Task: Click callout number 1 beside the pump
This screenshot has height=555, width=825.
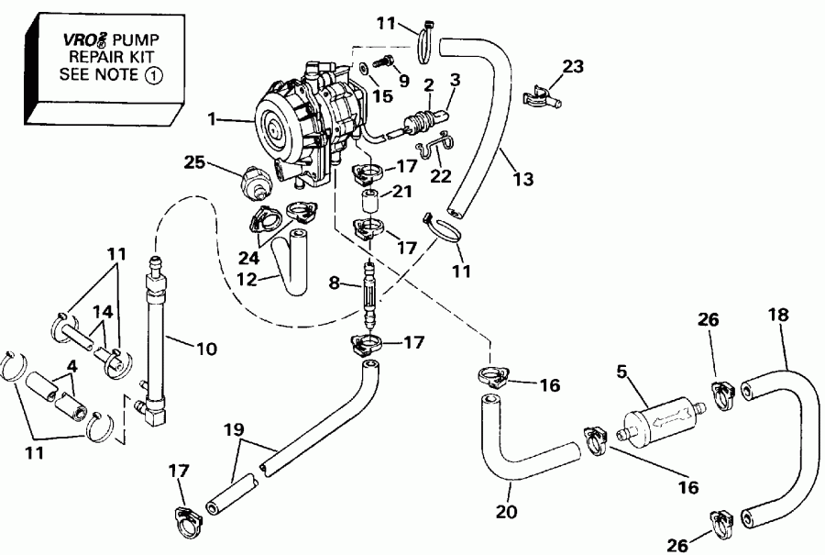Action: (x=213, y=119)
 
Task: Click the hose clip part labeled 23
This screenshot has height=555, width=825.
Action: (x=542, y=94)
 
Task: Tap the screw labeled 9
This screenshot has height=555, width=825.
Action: (x=383, y=61)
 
